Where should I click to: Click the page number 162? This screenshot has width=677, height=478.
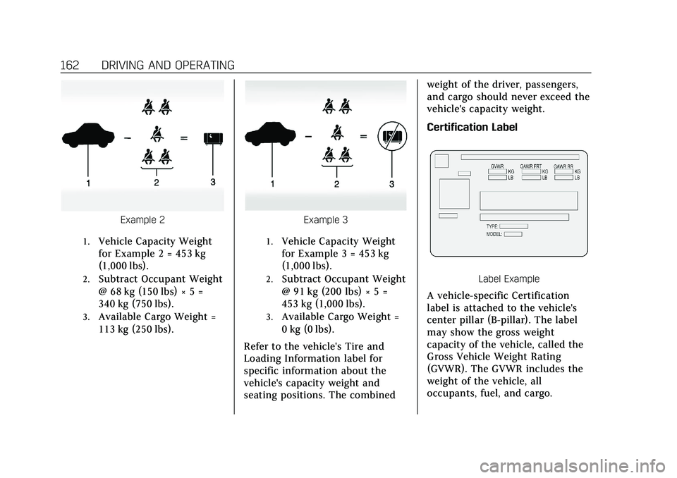pyautogui.click(x=71, y=66)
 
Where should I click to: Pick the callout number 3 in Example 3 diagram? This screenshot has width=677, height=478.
pyautogui.click(x=391, y=184)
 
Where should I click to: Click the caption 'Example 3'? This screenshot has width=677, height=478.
pyautogui.click(x=326, y=220)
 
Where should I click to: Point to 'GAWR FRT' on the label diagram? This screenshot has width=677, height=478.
pyautogui.click(x=536, y=165)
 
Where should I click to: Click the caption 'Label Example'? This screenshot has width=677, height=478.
pyautogui.click(x=508, y=278)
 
